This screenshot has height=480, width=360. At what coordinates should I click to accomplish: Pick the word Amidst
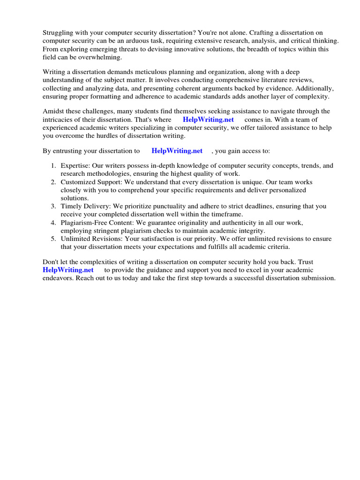(x=53, y=111)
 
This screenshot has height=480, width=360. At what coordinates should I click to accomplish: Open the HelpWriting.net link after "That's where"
(x=208, y=120)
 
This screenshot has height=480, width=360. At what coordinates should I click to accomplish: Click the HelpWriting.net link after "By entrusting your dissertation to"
(x=177, y=150)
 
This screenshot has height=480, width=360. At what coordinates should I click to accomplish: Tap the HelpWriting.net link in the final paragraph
(x=68, y=270)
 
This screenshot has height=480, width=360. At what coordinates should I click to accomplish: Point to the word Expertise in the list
(x=75, y=165)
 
